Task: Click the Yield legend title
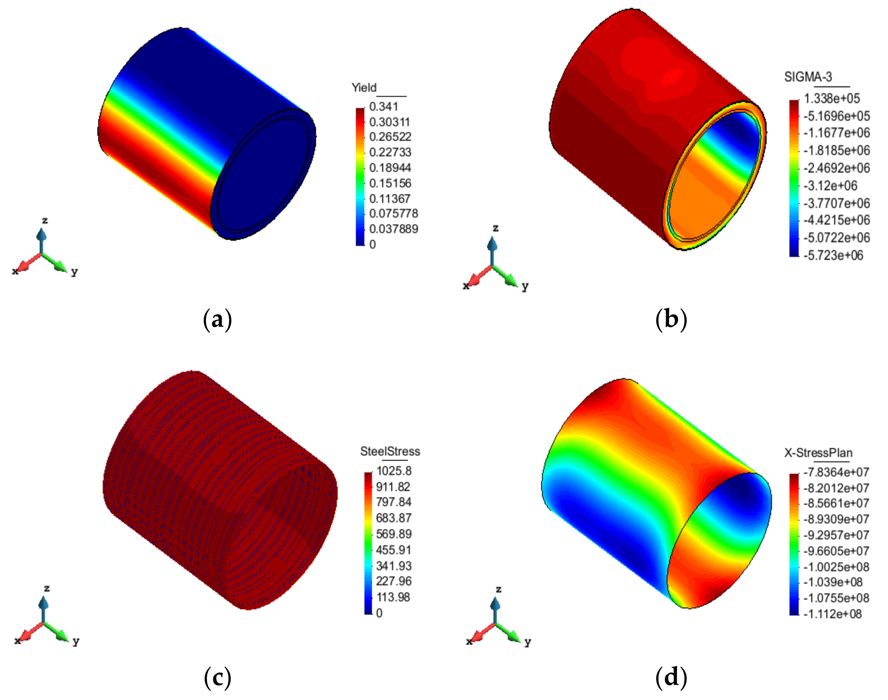[x=364, y=88]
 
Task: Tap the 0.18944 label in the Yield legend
[x=390, y=168]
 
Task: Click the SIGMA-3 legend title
[x=808, y=77]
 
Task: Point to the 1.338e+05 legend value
[x=831, y=99]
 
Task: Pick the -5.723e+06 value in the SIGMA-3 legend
[x=833, y=255]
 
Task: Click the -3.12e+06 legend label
[x=830, y=186]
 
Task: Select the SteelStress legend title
[x=390, y=451]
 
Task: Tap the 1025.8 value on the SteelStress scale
[x=394, y=471]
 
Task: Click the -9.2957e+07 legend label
[x=836, y=535]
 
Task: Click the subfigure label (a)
[x=217, y=320]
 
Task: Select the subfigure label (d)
[x=671, y=677]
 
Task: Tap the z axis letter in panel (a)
[x=45, y=221]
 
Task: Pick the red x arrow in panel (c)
[x=29, y=633]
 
